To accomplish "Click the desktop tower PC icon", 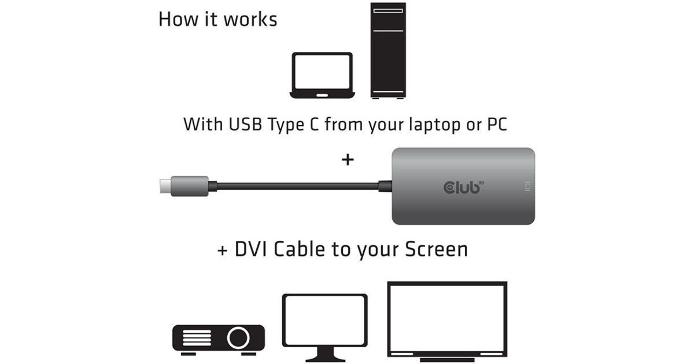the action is coord(388,50).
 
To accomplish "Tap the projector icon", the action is coord(219,340).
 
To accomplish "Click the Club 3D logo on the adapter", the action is coord(464,187).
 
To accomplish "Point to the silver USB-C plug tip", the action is coord(165,186).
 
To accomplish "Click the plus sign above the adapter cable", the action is coord(348,159).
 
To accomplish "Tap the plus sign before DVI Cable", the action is coord(222,250).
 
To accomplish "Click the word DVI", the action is coord(250,249).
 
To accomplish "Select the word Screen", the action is coord(436,249).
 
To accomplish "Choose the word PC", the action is coord(497,124).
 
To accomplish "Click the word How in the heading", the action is coord(178,20).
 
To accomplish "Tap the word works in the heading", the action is coord(250,20).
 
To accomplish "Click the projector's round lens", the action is coord(238,338).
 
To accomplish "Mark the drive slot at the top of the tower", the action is coord(388,11).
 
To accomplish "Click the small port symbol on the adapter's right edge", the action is coord(528,186).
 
